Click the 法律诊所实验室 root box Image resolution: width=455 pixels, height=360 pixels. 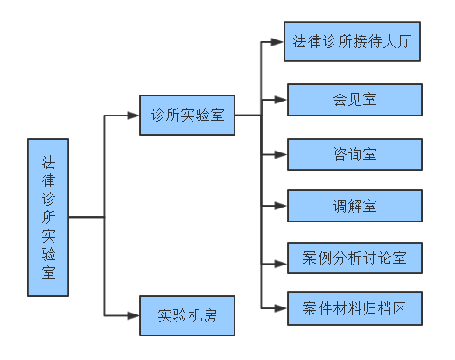(x=48, y=217)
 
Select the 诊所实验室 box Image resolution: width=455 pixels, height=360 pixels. (x=187, y=115)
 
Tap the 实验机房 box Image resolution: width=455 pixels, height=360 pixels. (x=187, y=315)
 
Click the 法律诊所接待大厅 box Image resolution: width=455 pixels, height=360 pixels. (x=352, y=41)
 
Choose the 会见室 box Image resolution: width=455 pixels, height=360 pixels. (x=354, y=100)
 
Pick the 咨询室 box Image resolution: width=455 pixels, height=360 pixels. (x=354, y=154)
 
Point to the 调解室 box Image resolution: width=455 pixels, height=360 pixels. (x=354, y=206)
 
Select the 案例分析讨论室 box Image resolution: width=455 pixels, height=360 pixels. (x=354, y=258)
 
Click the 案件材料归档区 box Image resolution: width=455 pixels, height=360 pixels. (x=354, y=308)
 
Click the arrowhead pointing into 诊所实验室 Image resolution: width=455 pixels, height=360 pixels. (x=133, y=116)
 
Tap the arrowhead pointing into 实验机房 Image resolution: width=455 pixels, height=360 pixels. (x=133, y=315)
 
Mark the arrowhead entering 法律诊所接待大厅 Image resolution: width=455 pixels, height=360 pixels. (x=277, y=42)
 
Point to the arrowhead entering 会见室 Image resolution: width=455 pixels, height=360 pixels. (x=281, y=100)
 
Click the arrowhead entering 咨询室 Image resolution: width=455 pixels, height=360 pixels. (x=281, y=154)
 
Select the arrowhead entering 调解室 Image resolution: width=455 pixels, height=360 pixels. (x=281, y=206)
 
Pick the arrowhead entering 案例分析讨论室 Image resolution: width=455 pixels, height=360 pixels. (x=281, y=264)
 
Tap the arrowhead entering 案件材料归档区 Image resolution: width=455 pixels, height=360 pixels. (x=281, y=308)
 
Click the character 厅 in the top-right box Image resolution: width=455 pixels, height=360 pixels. (x=405, y=41)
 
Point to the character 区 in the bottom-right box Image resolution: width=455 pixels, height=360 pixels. (x=400, y=308)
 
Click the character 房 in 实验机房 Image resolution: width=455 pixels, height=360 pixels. (x=209, y=315)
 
